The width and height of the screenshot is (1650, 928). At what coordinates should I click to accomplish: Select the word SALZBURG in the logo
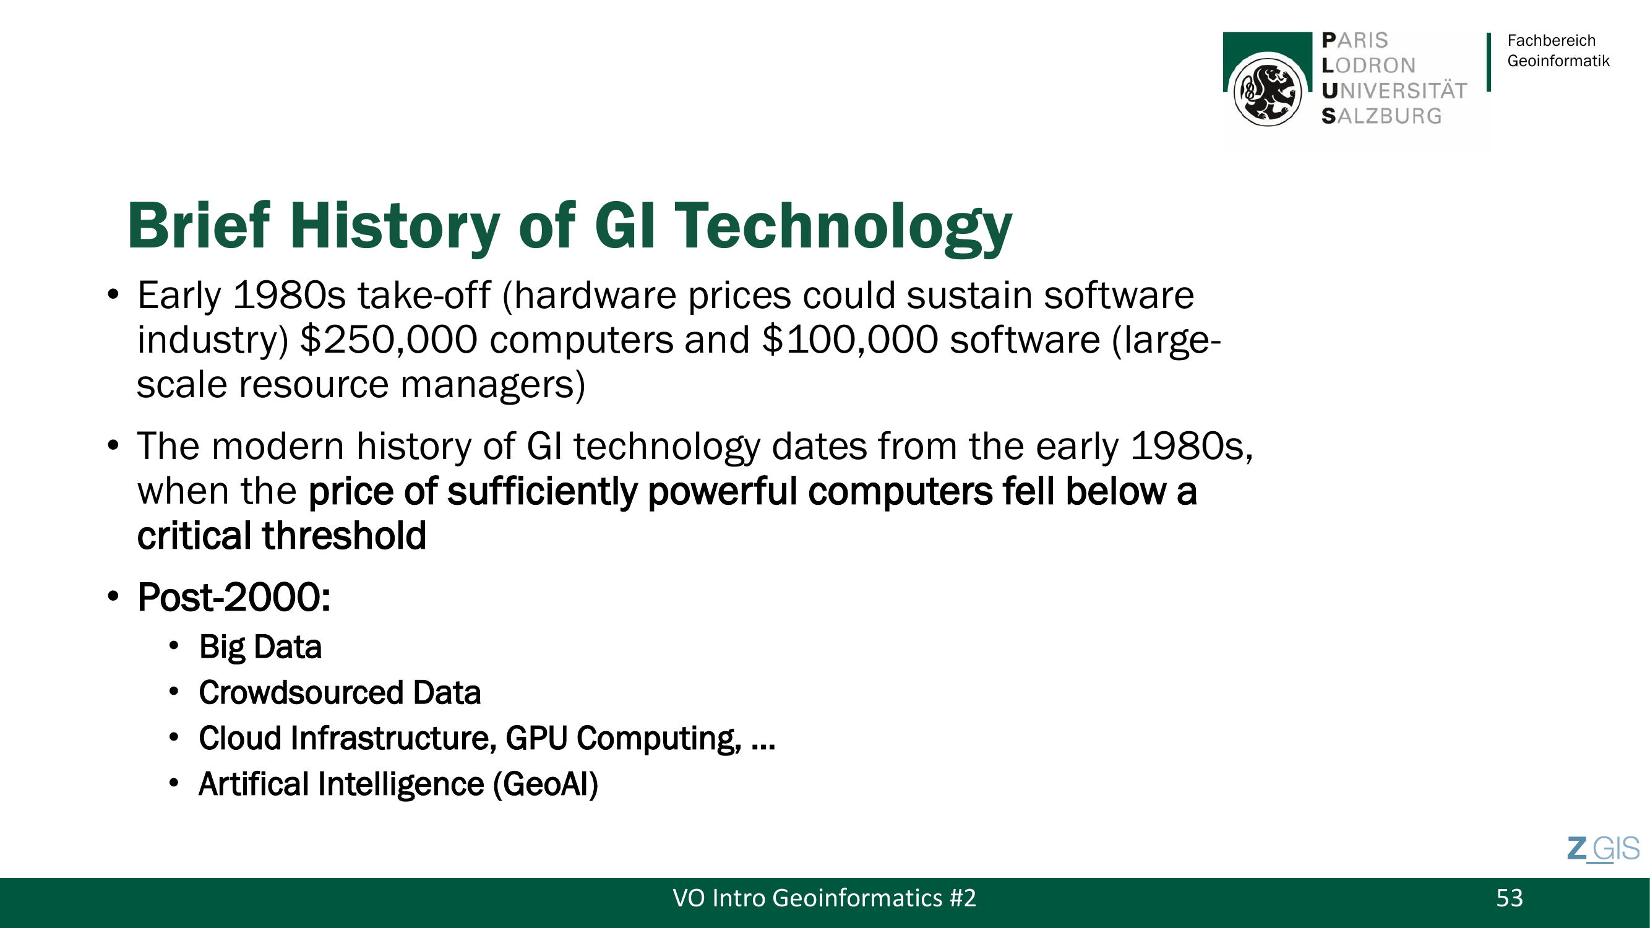tap(1381, 116)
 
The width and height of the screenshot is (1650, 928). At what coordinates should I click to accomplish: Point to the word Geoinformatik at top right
tap(1558, 61)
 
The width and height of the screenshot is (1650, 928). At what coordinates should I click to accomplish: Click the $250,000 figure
tap(389, 340)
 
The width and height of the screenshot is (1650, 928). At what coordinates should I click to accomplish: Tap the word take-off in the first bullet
tap(424, 295)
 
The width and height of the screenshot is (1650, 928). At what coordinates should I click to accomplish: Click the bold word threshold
tap(345, 535)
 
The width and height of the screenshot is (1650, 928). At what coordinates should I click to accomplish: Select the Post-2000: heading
tap(234, 598)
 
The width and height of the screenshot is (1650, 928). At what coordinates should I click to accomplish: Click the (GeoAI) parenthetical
tap(545, 784)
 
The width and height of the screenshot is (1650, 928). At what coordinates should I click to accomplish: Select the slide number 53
tap(1509, 898)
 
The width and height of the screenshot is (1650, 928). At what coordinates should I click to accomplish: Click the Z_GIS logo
tap(1603, 850)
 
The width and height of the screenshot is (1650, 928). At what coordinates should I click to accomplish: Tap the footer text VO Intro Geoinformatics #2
tap(824, 898)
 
